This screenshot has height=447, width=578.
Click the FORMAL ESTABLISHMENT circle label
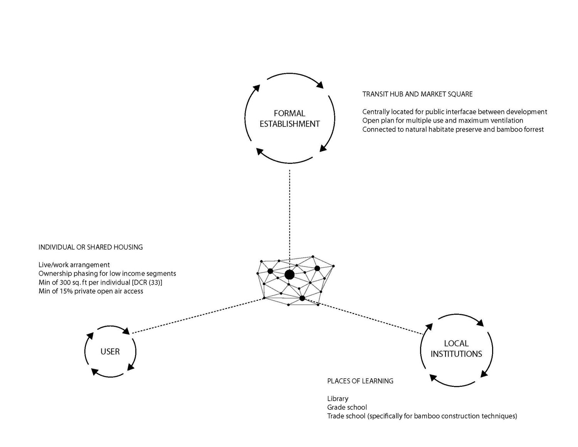[x=290, y=118]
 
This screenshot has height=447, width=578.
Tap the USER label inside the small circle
[x=110, y=351]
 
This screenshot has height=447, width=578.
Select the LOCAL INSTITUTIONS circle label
[x=456, y=348]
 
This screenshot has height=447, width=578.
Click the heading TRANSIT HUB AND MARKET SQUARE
[x=417, y=94]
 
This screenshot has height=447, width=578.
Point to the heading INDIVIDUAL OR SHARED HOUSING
[x=91, y=247]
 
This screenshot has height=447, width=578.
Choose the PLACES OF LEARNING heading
[x=360, y=381]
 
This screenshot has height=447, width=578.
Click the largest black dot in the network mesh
[x=289, y=274]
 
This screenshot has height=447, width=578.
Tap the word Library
[x=338, y=399]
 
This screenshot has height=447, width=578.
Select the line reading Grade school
[x=347, y=407]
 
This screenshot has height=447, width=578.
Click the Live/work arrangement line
[x=74, y=265]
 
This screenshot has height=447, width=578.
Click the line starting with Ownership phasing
[x=107, y=273]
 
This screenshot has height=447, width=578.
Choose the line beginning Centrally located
[x=455, y=112]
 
